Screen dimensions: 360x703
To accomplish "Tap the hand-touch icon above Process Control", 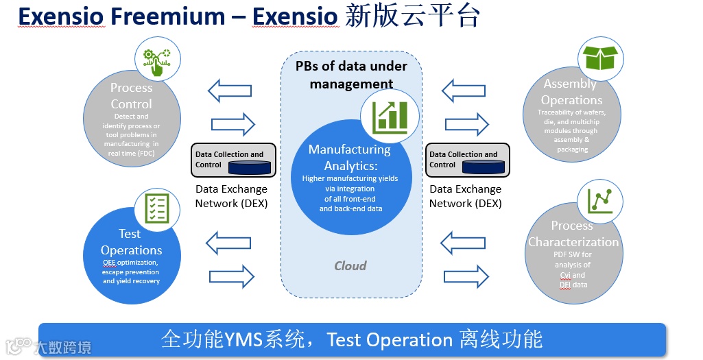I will click(x=157, y=61).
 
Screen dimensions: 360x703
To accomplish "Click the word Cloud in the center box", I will click(x=350, y=265).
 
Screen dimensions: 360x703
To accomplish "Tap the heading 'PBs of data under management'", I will click(x=351, y=75).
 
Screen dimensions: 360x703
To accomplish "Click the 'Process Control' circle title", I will click(x=132, y=96).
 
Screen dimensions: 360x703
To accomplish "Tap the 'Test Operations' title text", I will click(x=131, y=242).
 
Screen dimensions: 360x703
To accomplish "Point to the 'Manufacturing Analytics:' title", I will click(x=349, y=157).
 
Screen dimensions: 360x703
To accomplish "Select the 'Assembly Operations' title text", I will click(x=571, y=91).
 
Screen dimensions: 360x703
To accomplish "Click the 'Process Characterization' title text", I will click(x=573, y=234).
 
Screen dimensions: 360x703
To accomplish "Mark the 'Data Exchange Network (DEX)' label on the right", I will click(x=466, y=196).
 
